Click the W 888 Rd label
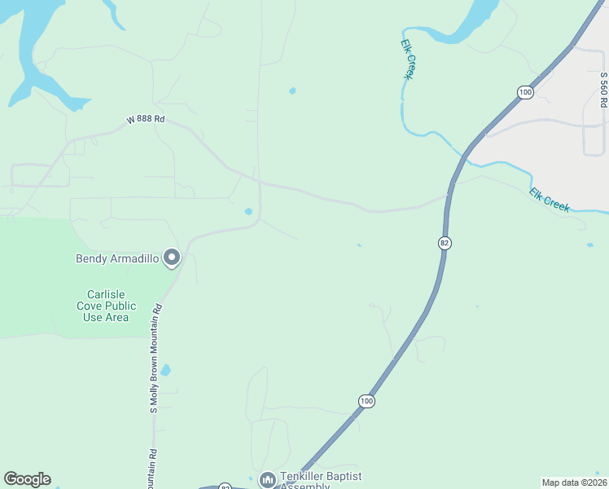tap(146, 120)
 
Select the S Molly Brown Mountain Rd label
tap(154, 359)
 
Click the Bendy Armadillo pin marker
tap(172, 258)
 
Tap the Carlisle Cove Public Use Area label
tap(105, 306)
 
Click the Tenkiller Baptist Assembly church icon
tap(267, 480)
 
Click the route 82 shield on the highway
tap(444, 243)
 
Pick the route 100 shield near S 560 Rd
tap(525, 93)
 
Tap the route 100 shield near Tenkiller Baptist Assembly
tap(366, 401)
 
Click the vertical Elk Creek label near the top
tap(407, 59)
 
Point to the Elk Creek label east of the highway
tap(550, 200)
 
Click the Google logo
tap(27, 479)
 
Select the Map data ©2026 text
tap(574, 482)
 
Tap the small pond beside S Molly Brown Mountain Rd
tap(165, 370)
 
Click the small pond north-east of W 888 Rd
tap(292, 90)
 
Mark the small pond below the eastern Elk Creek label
tap(589, 244)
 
